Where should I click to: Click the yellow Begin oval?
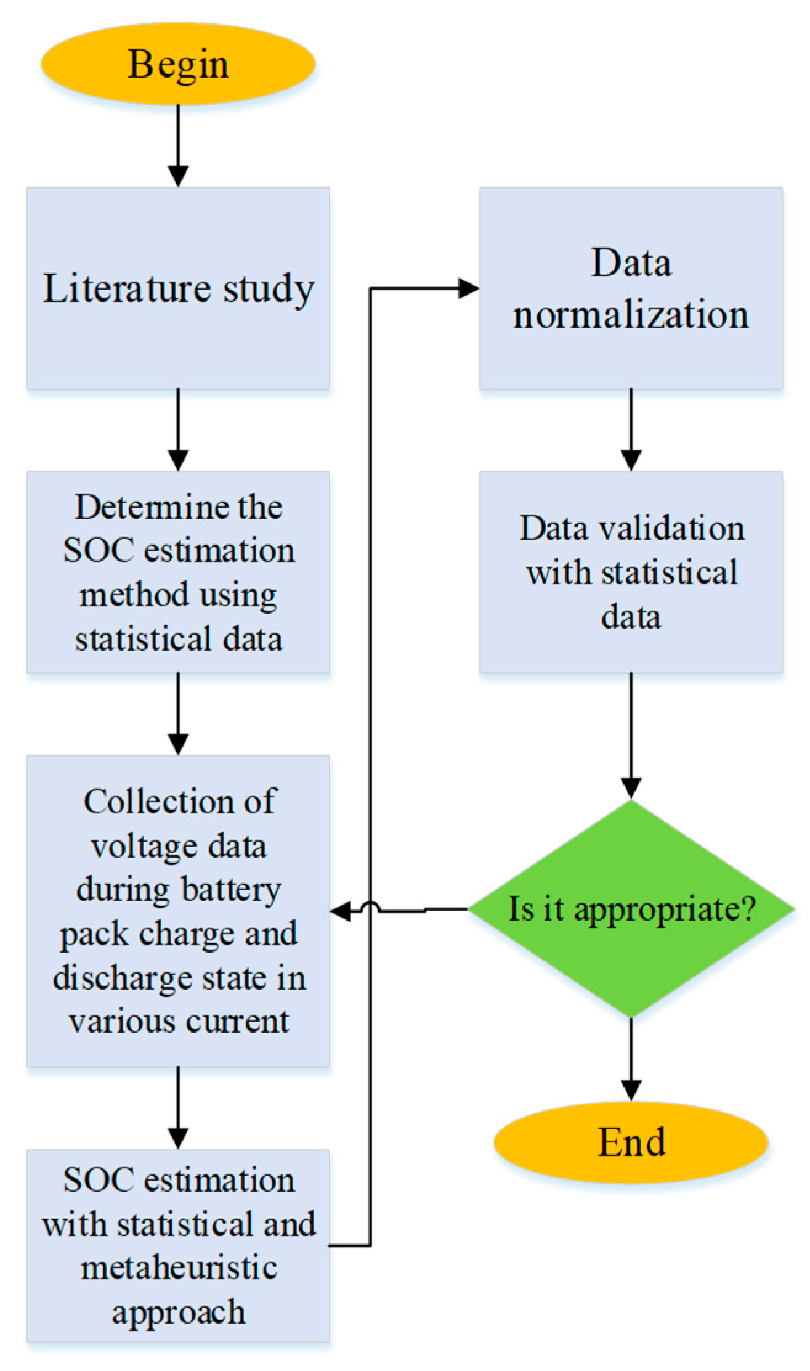[x=178, y=64]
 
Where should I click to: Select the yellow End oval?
[x=631, y=1142]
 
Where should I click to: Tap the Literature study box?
[x=178, y=288]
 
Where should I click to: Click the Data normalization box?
[x=631, y=288]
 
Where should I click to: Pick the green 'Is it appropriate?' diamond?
[x=631, y=909]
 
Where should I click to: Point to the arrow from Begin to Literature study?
[x=178, y=145]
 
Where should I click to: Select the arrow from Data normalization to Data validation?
[x=631, y=429]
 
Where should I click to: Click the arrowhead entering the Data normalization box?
[x=469, y=288]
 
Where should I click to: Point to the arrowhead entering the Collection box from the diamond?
[x=341, y=911]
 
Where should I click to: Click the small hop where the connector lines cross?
[x=371, y=907]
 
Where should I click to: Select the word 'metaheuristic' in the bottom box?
[x=179, y=1267]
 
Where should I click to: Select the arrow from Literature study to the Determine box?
[x=178, y=429]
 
